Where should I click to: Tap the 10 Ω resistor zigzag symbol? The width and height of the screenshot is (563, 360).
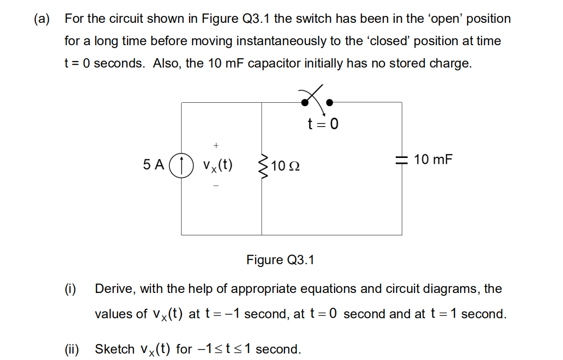click(262, 165)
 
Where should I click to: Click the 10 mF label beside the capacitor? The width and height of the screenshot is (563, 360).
click(433, 159)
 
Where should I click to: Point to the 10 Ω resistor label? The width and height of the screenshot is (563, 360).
click(285, 166)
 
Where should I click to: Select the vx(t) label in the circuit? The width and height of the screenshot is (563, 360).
click(217, 165)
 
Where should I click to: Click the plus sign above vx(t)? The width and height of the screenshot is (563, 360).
click(216, 145)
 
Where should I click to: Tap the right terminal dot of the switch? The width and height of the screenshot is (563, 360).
click(329, 103)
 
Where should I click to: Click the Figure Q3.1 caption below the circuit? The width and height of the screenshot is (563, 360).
click(281, 260)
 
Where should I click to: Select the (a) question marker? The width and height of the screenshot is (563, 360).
click(42, 19)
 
